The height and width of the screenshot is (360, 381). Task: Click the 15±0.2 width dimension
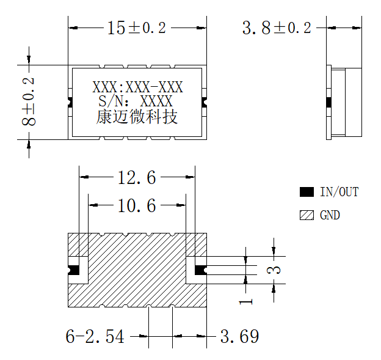point(137,28)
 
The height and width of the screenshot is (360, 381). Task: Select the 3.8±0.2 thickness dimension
point(277,28)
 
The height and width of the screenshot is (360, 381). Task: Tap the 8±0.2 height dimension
point(29,101)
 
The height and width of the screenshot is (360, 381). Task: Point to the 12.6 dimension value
point(137,177)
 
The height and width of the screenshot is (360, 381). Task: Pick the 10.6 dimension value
point(137,205)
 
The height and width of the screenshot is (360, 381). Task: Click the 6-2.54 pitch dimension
point(95,337)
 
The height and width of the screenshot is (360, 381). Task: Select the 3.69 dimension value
point(239,337)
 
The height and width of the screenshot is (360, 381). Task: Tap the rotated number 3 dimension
point(274,270)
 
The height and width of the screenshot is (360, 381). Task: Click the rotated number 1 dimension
point(246,302)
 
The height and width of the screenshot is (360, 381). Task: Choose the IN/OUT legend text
point(339,192)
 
